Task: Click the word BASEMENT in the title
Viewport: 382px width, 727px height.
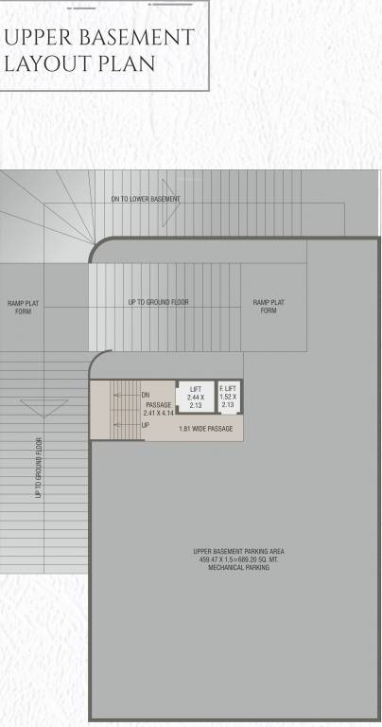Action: tap(133, 39)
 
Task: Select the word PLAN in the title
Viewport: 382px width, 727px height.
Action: tap(117, 67)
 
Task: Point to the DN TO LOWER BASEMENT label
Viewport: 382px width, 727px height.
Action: tap(146, 200)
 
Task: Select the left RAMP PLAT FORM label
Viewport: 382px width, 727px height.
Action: tap(23, 307)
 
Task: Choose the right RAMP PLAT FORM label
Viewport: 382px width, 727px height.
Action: tap(269, 306)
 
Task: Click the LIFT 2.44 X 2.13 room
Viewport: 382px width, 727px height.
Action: tap(195, 398)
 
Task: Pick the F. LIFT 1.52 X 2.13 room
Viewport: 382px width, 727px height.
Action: tap(228, 398)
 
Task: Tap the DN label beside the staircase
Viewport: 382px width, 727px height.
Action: tap(146, 395)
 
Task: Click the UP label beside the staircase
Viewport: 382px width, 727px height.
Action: tap(146, 426)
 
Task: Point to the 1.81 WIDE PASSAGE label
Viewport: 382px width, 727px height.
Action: tap(205, 429)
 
